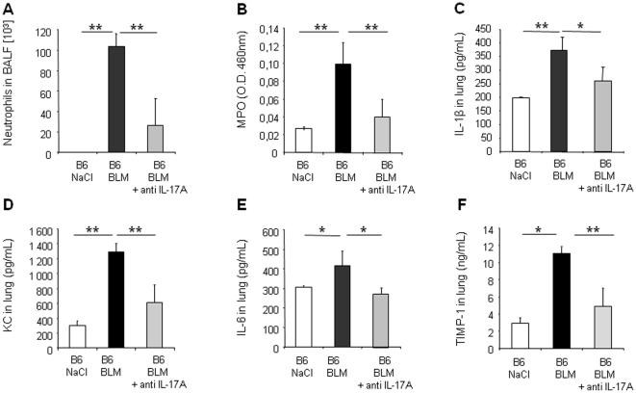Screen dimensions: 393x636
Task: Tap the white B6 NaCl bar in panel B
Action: pos(303,140)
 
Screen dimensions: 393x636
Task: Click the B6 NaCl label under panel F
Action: pos(521,366)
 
